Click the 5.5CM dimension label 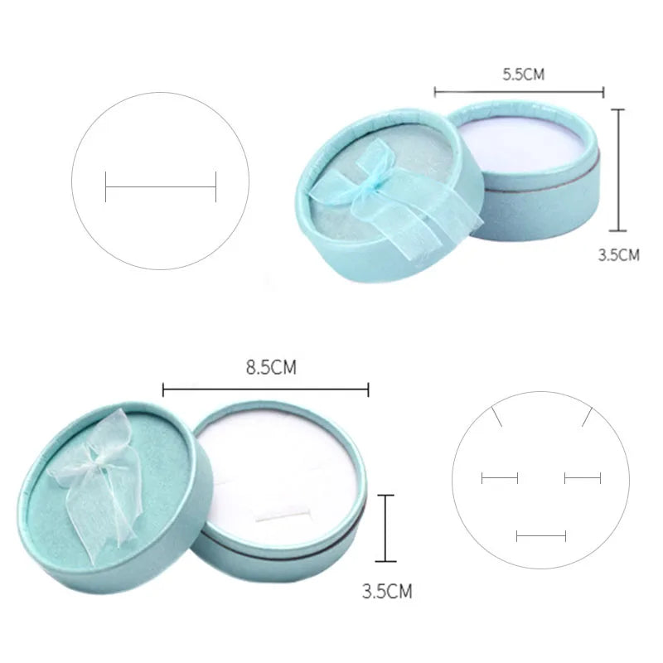coord(524,75)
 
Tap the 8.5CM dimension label coord(271,367)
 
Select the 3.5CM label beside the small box coord(618,255)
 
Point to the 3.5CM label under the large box coord(387,591)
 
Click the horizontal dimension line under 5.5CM coord(520,92)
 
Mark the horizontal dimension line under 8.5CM coord(265,389)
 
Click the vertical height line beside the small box coord(618,170)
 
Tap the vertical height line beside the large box coord(385,528)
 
